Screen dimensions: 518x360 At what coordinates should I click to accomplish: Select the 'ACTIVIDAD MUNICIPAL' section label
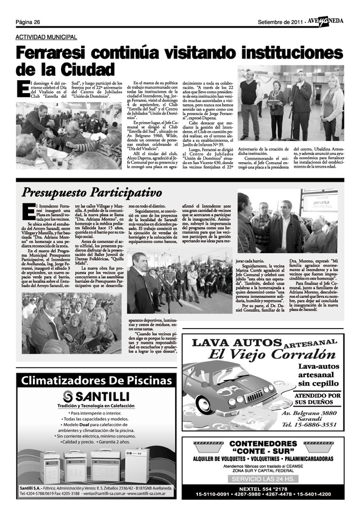click(46, 37)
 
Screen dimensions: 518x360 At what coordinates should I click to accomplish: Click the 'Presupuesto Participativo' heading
click(92, 193)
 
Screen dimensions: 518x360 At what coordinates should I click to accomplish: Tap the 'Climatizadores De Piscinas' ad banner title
click(94, 381)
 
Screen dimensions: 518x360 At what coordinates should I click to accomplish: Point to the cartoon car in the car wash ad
click(228, 391)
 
